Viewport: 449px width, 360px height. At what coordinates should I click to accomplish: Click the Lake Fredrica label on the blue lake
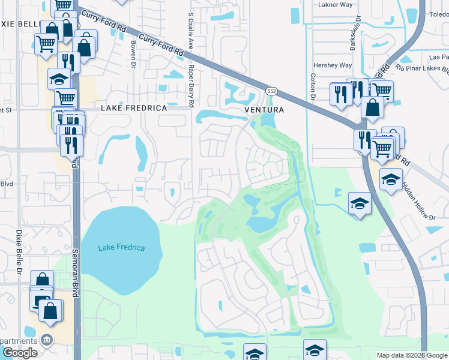click(x=122, y=247)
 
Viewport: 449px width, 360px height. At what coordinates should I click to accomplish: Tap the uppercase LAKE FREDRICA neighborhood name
click(x=133, y=108)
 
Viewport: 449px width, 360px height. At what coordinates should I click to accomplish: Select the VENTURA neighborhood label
click(x=264, y=110)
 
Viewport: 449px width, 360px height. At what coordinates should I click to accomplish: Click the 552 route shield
click(x=272, y=91)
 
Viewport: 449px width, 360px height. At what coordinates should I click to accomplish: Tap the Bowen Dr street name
click(x=133, y=54)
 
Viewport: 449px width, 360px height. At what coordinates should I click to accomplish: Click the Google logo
click(x=20, y=353)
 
